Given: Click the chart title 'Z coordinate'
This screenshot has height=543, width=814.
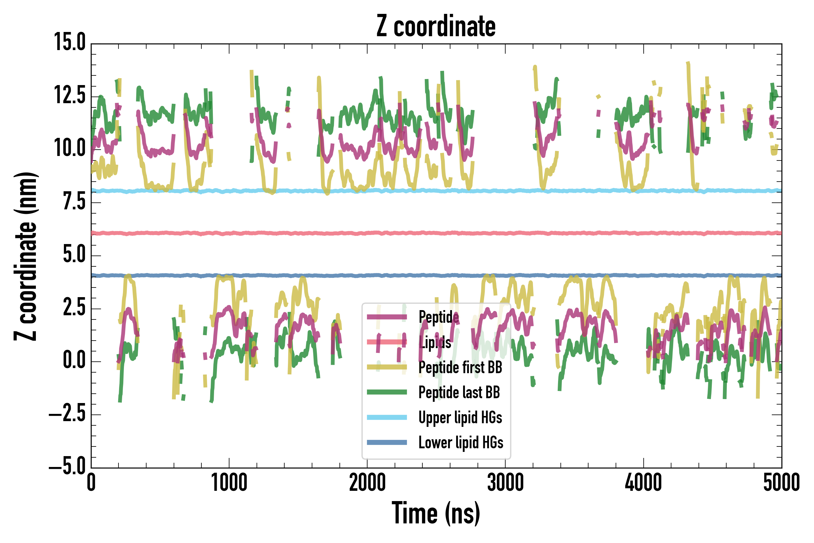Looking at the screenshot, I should tap(436, 26).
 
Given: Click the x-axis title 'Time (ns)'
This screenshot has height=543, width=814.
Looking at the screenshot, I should tap(436, 513).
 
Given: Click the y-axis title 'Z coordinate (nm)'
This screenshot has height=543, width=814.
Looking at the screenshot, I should tap(26, 256).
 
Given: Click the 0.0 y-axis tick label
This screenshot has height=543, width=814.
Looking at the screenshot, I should tap(74, 360).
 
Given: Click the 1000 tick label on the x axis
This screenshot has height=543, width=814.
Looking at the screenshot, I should tap(229, 483).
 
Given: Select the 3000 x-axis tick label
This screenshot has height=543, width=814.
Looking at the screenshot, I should tap(505, 483).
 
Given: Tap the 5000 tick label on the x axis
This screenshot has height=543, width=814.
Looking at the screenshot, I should tap(781, 483).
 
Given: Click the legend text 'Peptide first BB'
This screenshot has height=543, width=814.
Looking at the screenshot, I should tap(460, 367).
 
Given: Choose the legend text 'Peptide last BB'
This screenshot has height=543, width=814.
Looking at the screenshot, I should tap(459, 392).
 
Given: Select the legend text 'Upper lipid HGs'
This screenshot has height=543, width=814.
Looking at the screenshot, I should tap(460, 417).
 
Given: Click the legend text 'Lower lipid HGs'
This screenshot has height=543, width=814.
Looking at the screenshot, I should tap(461, 443).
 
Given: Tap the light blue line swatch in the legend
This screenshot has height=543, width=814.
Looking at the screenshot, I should tap(386, 417).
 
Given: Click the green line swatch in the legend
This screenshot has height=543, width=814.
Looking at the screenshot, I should tap(386, 392).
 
